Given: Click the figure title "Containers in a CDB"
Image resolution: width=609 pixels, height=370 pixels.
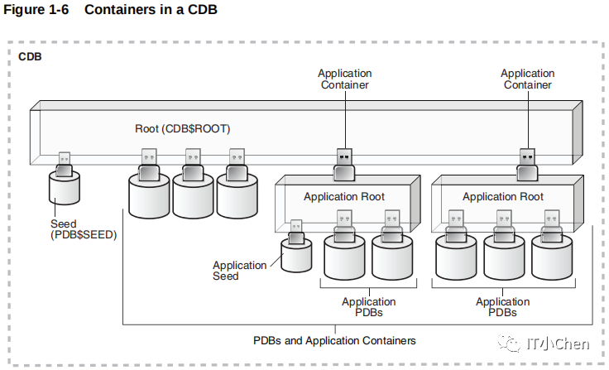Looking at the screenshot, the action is click(x=151, y=9).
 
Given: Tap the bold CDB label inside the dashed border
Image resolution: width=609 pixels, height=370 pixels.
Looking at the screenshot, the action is click(x=30, y=57).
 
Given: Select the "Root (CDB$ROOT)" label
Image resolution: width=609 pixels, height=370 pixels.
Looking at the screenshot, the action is click(x=183, y=128).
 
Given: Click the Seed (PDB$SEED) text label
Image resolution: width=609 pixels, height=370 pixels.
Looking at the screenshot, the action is click(x=84, y=229).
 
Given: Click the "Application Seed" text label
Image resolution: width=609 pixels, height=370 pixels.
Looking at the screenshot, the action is click(x=240, y=271).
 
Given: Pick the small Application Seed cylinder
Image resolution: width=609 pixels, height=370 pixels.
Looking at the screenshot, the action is click(x=296, y=255).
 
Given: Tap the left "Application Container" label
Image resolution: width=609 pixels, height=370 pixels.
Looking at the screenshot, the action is click(x=344, y=79).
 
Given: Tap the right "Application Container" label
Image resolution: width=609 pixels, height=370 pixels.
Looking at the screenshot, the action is click(x=527, y=79).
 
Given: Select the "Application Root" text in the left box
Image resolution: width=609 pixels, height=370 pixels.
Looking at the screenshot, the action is click(x=344, y=197).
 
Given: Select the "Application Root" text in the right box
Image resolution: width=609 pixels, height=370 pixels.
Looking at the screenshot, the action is click(x=503, y=197).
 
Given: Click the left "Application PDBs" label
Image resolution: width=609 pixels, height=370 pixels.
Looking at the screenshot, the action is click(x=368, y=307).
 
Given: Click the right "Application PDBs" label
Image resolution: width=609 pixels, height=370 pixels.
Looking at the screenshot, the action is click(x=502, y=307).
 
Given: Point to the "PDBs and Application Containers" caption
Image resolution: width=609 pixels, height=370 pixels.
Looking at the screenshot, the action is click(x=334, y=341).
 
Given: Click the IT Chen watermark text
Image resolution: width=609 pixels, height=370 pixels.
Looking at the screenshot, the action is click(x=558, y=344).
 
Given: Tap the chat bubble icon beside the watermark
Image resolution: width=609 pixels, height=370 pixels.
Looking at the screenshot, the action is click(x=510, y=344).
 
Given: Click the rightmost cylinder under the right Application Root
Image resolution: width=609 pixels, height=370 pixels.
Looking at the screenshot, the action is click(x=552, y=257).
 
